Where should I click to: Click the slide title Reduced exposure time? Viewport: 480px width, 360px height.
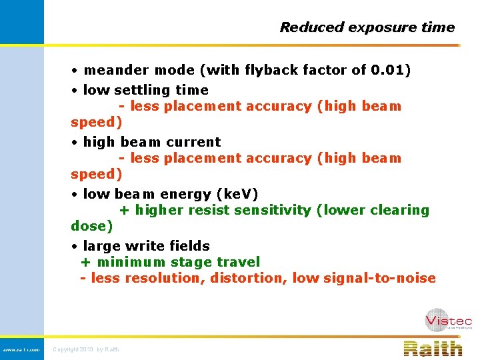(x=367, y=27)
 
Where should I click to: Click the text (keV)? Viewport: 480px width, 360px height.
(x=237, y=194)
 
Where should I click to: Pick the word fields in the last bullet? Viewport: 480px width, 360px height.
(x=189, y=246)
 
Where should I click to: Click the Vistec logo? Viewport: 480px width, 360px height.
(x=448, y=319)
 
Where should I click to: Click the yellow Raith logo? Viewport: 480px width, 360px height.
(x=433, y=348)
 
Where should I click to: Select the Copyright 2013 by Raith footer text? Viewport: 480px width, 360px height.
(x=86, y=349)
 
